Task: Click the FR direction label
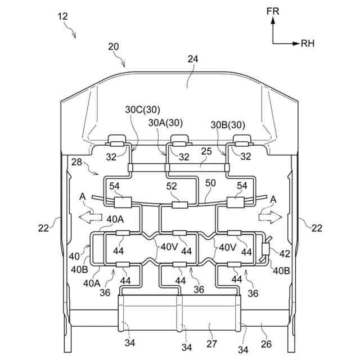click(273, 11)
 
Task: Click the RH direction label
click(308, 42)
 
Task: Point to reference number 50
click(211, 183)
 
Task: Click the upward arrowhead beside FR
click(273, 20)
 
